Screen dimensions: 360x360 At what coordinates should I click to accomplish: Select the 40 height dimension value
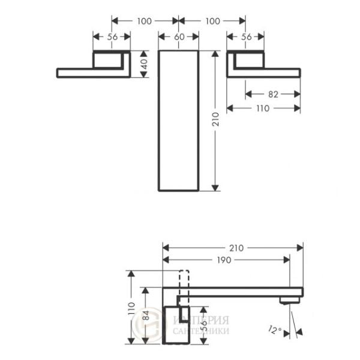click(x=144, y=64)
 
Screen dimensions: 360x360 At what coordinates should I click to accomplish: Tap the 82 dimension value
click(x=273, y=94)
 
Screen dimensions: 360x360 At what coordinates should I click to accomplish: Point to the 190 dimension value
click(x=226, y=260)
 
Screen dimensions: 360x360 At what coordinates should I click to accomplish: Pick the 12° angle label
click(x=274, y=329)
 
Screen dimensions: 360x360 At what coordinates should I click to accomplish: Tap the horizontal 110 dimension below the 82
click(x=263, y=109)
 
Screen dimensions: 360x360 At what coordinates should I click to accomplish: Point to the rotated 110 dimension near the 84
click(x=131, y=308)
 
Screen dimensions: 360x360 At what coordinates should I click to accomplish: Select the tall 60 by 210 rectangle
click(x=178, y=120)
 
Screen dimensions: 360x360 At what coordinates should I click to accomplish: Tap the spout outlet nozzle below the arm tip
click(x=289, y=300)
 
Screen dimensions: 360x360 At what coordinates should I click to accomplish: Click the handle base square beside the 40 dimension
click(x=109, y=60)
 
